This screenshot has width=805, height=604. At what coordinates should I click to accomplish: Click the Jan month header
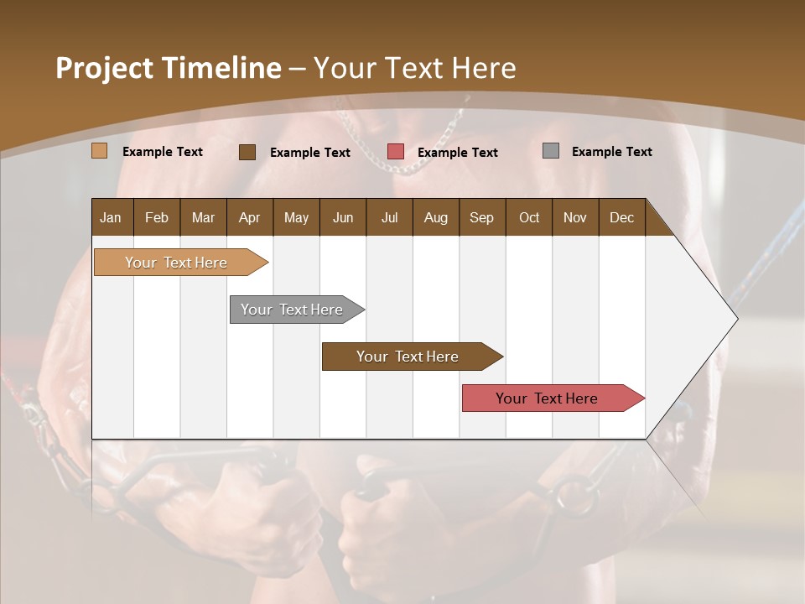pyautogui.click(x=111, y=217)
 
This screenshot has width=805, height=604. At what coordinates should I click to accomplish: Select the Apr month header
pyautogui.click(x=250, y=217)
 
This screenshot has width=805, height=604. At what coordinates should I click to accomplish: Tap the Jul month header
pyautogui.click(x=389, y=217)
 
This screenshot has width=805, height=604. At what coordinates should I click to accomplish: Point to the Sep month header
pyautogui.click(x=481, y=217)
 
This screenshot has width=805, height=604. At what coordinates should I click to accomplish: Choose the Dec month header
pyautogui.click(x=621, y=217)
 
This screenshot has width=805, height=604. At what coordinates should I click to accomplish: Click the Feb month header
pyautogui.click(x=157, y=217)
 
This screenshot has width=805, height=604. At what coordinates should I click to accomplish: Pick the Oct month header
pyautogui.click(x=529, y=217)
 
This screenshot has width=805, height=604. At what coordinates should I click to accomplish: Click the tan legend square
pyautogui.click(x=100, y=151)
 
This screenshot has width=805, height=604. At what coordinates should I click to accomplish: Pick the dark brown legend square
pyautogui.click(x=247, y=152)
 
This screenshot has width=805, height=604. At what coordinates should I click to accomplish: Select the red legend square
pyautogui.click(x=396, y=151)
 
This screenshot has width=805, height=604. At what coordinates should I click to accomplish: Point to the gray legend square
pyautogui.click(x=551, y=151)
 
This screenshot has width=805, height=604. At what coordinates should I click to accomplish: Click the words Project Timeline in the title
pyautogui.click(x=169, y=68)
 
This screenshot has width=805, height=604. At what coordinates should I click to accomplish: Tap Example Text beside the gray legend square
pyautogui.click(x=611, y=152)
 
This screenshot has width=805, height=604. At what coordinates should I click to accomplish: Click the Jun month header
pyautogui.click(x=343, y=217)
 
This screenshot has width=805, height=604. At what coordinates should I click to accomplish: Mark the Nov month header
pyautogui.click(x=575, y=217)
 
